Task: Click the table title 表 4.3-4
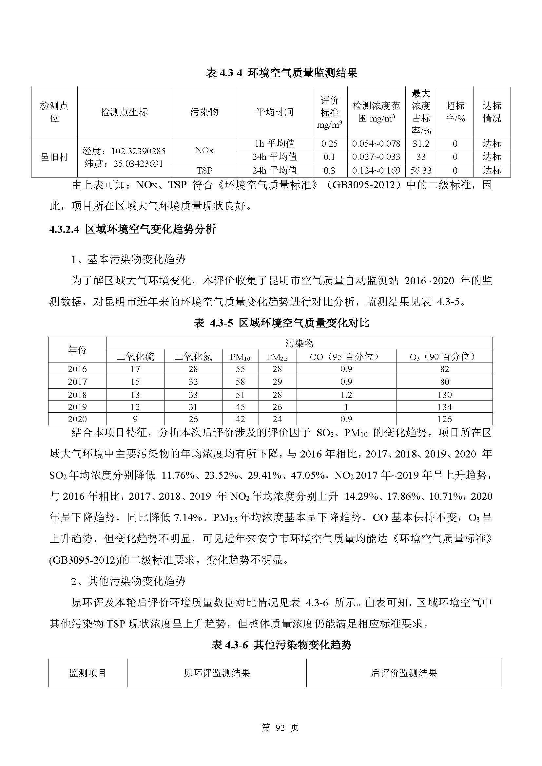pyautogui.click(x=281, y=73)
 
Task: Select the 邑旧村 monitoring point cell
pyautogui.click(x=54, y=157)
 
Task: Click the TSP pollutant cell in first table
pyautogui.click(x=204, y=171)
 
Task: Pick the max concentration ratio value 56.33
pyautogui.click(x=421, y=171)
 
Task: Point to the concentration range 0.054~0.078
pyautogui.click(x=376, y=144)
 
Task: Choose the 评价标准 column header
pyautogui.click(x=329, y=112)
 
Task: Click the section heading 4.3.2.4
pyautogui.click(x=132, y=229)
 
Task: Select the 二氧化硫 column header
pyautogui.click(x=135, y=357)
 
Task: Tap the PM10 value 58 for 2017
pyautogui.click(x=240, y=382)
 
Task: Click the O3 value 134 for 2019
pyautogui.click(x=445, y=407)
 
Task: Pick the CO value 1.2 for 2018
pyautogui.click(x=346, y=395)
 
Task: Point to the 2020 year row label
pyautogui.click(x=77, y=419)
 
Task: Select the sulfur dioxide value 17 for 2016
pyautogui.click(x=135, y=369)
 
